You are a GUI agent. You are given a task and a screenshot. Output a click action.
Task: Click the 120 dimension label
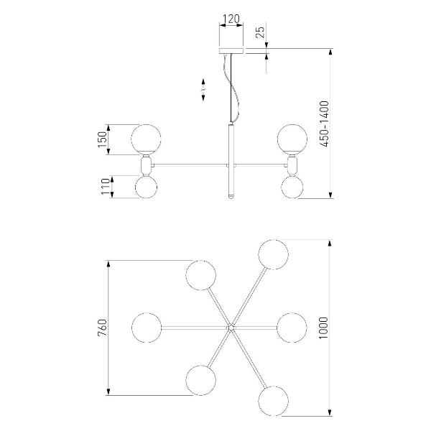[x=231, y=19]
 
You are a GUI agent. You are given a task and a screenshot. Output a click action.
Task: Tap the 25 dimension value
[x=260, y=32]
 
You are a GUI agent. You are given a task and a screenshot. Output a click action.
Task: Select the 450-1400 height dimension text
[x=325, y=124]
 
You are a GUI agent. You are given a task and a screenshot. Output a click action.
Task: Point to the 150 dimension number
[x=102, y=139]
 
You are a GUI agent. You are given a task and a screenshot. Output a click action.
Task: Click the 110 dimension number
[x=106, y=187]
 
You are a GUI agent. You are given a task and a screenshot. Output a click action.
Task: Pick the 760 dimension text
[x=102, y=328]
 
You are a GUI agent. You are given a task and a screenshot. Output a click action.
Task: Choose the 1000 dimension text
[x=323, y=328]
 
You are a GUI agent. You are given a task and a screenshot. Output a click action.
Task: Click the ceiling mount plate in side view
[x=231, y=51]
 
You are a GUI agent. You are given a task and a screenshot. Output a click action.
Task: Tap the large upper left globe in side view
[x=146, y=139]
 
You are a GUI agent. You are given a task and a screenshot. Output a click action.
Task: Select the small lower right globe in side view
[x=292, y=187]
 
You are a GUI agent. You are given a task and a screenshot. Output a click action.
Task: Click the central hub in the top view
[x=231, y=328]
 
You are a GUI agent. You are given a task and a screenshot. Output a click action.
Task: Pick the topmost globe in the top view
[x=273, y=254]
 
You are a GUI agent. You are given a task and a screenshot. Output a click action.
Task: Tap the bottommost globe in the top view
[x=273, y=401]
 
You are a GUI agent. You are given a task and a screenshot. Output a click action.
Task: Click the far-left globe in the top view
[x=147, y=328]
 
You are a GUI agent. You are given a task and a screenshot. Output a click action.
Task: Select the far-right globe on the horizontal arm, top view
[x=292, y=328]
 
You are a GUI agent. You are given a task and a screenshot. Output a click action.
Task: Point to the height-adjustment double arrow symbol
[x=203, y=90]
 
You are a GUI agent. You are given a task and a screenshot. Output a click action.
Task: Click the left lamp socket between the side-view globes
[x=146, y=165]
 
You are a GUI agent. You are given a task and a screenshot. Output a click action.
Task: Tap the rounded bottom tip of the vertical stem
[x=231, y=197]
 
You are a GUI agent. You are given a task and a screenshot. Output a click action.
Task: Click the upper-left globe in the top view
[x=200, y=275]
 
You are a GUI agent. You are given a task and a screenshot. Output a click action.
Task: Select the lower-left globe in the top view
[x=200, y=381]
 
